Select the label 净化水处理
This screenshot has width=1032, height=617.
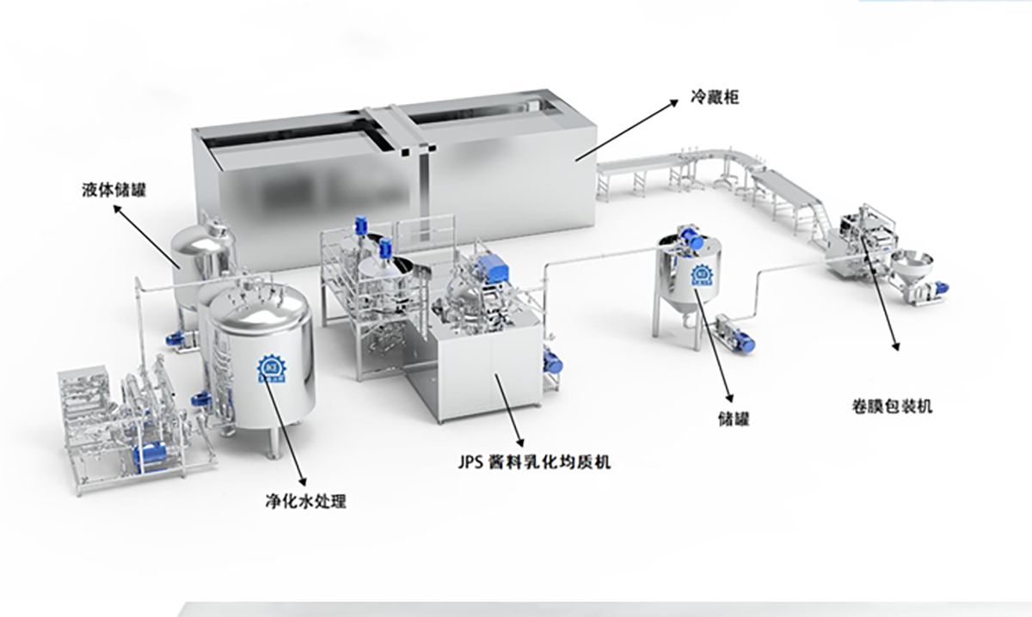coord(306,500)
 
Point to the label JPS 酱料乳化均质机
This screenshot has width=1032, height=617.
coord(534,462)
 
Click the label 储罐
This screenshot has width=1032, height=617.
coord(734,419)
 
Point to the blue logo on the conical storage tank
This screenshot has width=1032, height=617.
coord(701,275)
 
